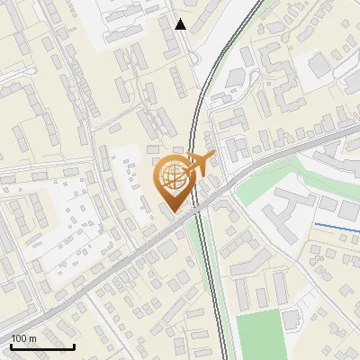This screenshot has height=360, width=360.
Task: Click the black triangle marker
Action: (x=181, y=24)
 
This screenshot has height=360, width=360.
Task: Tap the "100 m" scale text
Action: (x=23, y=339)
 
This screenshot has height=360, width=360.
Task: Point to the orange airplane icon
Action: (x=199, y=163)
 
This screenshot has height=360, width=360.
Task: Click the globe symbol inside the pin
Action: (x=174, y=175)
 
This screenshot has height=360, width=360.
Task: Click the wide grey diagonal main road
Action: (x=108, y=265)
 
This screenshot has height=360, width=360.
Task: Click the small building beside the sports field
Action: (x=292, y=319)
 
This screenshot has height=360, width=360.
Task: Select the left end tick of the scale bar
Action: (x=11, y=345)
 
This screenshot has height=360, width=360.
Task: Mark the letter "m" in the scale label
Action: (x=31, y=339)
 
